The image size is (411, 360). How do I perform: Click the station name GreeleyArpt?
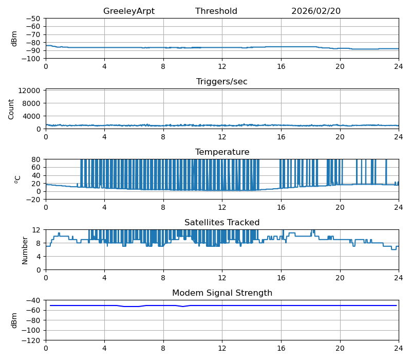(128, 11)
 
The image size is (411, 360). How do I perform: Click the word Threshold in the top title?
(216, 11)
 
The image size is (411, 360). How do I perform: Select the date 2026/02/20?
(316, 11)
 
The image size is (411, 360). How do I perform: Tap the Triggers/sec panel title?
(222, 82)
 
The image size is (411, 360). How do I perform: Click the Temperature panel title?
(222, 152)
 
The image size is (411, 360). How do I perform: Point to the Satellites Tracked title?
(222, 223)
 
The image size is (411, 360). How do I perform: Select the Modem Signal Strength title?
(222, 293)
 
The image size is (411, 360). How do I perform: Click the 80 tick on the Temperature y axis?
(37, 159)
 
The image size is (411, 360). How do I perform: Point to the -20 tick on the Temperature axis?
(35, 199)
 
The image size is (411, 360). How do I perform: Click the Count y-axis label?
(11, 109)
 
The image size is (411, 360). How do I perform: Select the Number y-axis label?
(25, 250)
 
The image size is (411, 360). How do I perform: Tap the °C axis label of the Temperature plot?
(17, 179)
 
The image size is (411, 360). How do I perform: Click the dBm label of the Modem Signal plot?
(14, 320)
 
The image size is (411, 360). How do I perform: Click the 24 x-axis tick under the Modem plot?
(398, 348)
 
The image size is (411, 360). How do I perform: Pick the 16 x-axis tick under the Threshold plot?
(281, 66)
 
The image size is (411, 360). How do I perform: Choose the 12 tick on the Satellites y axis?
(38, 230)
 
